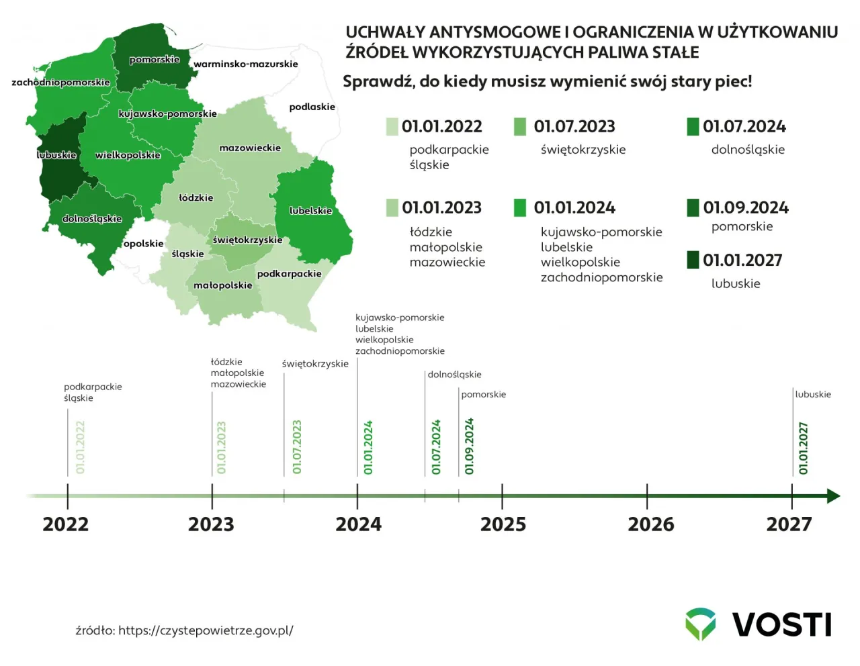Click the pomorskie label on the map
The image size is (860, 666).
coord(155,60)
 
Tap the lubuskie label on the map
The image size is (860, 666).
coord(56,155)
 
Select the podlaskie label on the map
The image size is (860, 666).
coord(312,107)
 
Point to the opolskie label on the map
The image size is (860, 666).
coord(143,244)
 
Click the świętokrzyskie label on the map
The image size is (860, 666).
coord(247,240)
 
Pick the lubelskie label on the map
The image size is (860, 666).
coord(310,211)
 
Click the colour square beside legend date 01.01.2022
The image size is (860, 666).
coord(392,127)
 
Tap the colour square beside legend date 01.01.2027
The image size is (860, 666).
coord(693,260)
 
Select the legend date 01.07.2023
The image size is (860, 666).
coord(574,127)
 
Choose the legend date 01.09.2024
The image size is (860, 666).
coord(746,207)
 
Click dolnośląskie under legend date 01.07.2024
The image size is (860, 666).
coord(748,150)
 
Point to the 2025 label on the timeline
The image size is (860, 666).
coord(503,524)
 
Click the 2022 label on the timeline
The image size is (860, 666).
coord(66,524)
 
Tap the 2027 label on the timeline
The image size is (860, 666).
coord(789,524)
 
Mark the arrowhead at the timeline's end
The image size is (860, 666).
coord(833,496)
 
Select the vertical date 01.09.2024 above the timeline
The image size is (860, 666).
coord(469,446)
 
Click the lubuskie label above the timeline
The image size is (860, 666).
coord(813,395)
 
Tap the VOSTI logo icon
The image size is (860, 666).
coord(700,624)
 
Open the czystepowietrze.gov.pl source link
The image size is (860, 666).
coord(206,630)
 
